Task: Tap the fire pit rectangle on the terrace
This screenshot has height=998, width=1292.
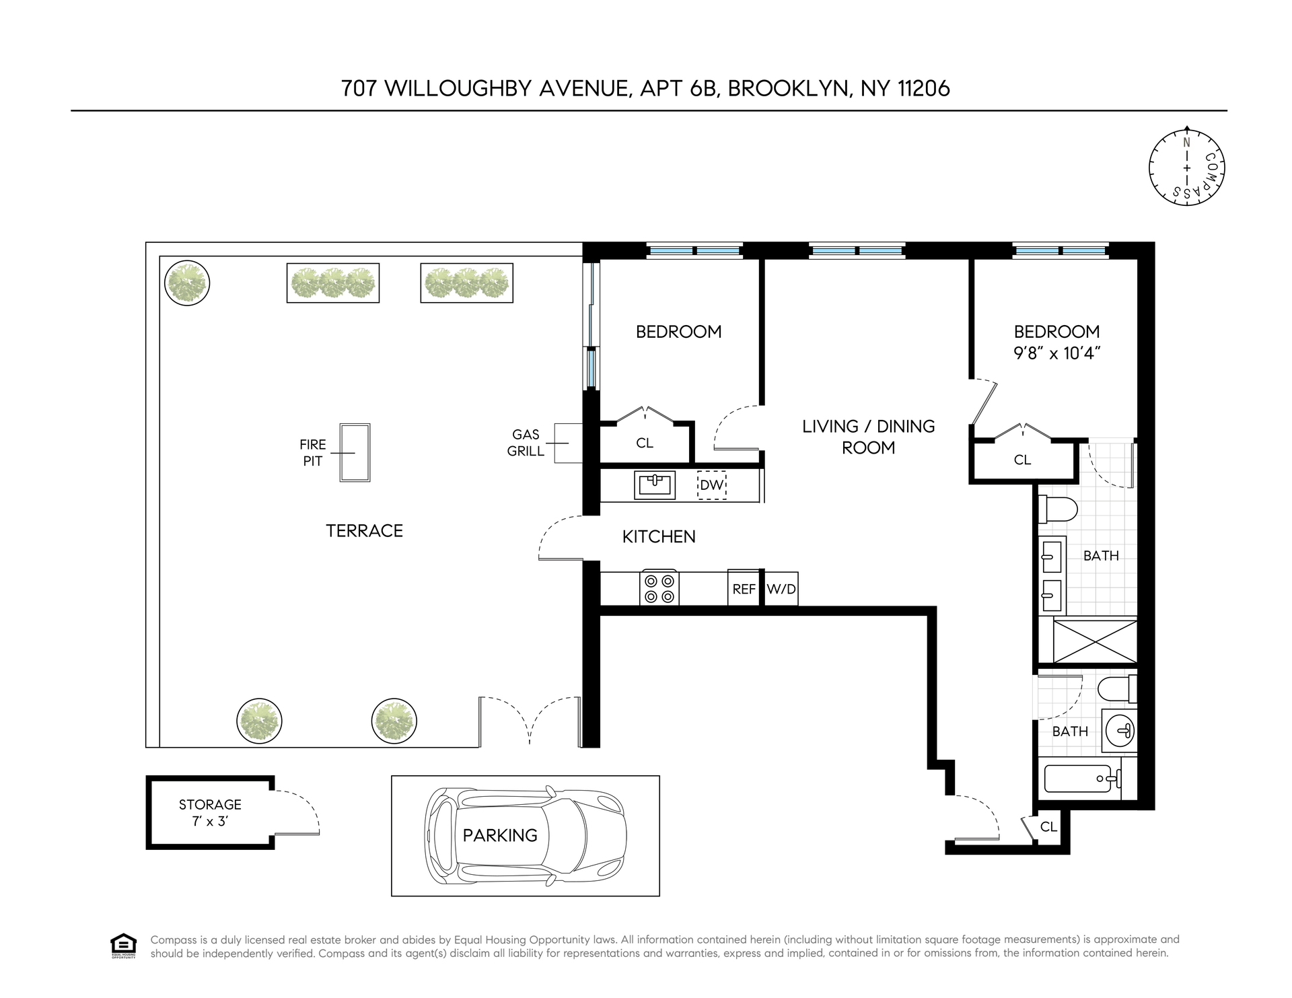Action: coord(355,452)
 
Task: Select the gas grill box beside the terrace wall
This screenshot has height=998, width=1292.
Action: coord(568,443)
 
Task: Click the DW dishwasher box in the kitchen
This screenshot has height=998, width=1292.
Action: coord(711,485)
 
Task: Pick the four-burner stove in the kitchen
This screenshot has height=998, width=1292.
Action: coord(659,588)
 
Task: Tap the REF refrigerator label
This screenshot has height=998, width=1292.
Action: coord(744,589)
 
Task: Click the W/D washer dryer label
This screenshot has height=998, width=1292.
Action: coord(781,589)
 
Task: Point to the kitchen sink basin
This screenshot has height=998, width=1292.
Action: coord(655,485)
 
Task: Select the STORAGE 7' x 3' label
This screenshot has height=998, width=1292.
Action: coord(210,812)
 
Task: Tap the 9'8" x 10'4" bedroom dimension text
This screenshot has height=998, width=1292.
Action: coord(1056,353)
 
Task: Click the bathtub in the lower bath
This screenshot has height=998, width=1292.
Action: coord(1083,779)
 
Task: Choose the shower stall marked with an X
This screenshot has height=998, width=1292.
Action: coord(1095,641)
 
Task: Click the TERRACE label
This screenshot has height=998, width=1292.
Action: coord(365,531)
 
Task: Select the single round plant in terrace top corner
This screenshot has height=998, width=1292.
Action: coord(187,283)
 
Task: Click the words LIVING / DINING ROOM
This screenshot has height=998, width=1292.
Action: coord(869,437)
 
